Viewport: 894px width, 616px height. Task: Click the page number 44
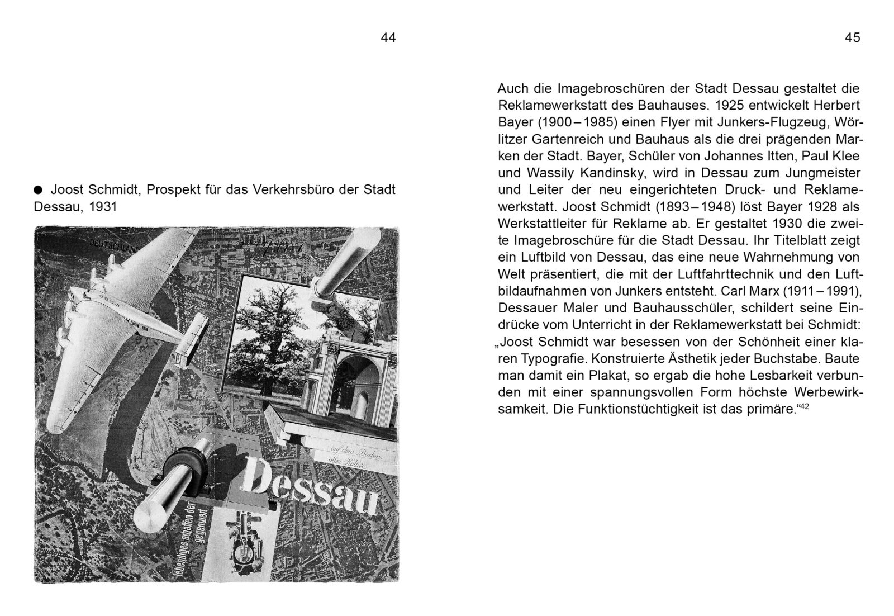(x=388, y=37)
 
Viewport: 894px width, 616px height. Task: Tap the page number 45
(x=852, y=37)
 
